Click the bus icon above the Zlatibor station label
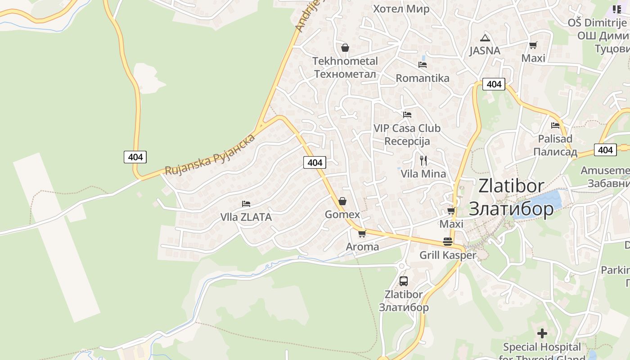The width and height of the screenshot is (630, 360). (404, 281)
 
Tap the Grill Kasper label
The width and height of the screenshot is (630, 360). (447, 255)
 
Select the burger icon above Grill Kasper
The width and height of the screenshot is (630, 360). (447, 241)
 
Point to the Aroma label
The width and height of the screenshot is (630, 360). (362, 247)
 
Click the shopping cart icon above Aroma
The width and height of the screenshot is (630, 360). (362, 234)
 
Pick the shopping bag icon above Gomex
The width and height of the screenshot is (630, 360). (342, 201)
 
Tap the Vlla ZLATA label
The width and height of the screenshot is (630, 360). (246, 217)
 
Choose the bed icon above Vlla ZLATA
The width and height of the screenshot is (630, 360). (246, 204)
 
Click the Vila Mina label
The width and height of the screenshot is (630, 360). (423, 174)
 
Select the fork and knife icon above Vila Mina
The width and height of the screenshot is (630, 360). (423, 160)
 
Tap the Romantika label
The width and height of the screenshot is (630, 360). (423, 78)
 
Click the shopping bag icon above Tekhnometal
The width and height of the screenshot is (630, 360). (345, 47)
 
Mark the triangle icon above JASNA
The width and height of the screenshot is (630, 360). (485, 38)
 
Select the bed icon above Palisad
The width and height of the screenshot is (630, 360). (555, 125)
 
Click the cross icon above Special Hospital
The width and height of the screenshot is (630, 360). (542, 333)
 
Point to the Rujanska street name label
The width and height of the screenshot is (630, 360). (210, 154)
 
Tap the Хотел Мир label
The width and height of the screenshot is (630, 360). (401, 9)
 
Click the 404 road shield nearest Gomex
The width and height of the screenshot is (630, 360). (315, 162)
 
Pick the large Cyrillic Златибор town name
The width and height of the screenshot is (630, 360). (511, 209)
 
